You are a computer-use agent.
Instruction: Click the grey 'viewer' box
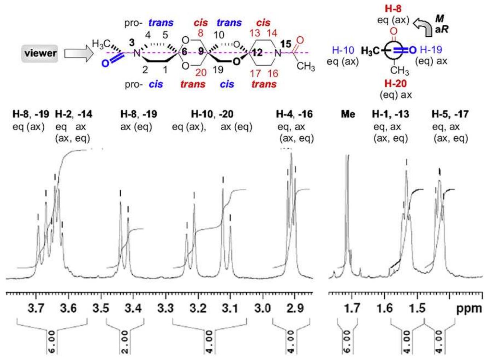(40, 53)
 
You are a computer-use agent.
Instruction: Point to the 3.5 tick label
(101, 309)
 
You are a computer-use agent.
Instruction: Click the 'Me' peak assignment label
(348, 114)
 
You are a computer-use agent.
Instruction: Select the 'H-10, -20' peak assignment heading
(213, 114)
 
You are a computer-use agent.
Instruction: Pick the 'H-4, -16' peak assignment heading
(294, 114)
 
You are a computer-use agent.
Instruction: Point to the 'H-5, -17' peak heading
(450, 114)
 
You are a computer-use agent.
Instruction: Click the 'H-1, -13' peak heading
(390, 114)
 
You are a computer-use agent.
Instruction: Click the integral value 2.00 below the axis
(125, 341)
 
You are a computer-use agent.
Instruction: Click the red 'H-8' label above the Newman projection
(393, 8)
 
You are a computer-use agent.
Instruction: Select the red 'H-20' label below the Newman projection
(395, 84)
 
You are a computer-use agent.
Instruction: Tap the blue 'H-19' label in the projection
(431, 50)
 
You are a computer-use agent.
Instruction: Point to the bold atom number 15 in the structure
(286, 44)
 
